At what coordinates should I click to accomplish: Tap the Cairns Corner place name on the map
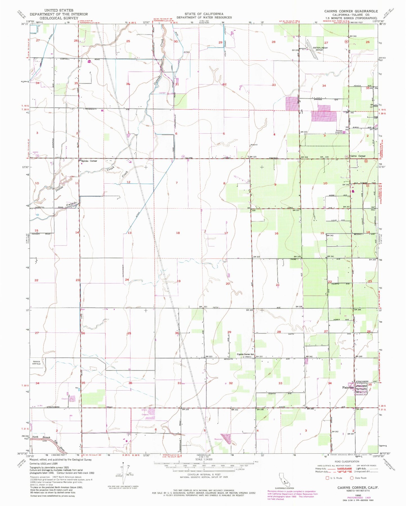357,156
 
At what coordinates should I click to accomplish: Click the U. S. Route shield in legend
327,478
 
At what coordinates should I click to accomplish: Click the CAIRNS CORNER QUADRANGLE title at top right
351,11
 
